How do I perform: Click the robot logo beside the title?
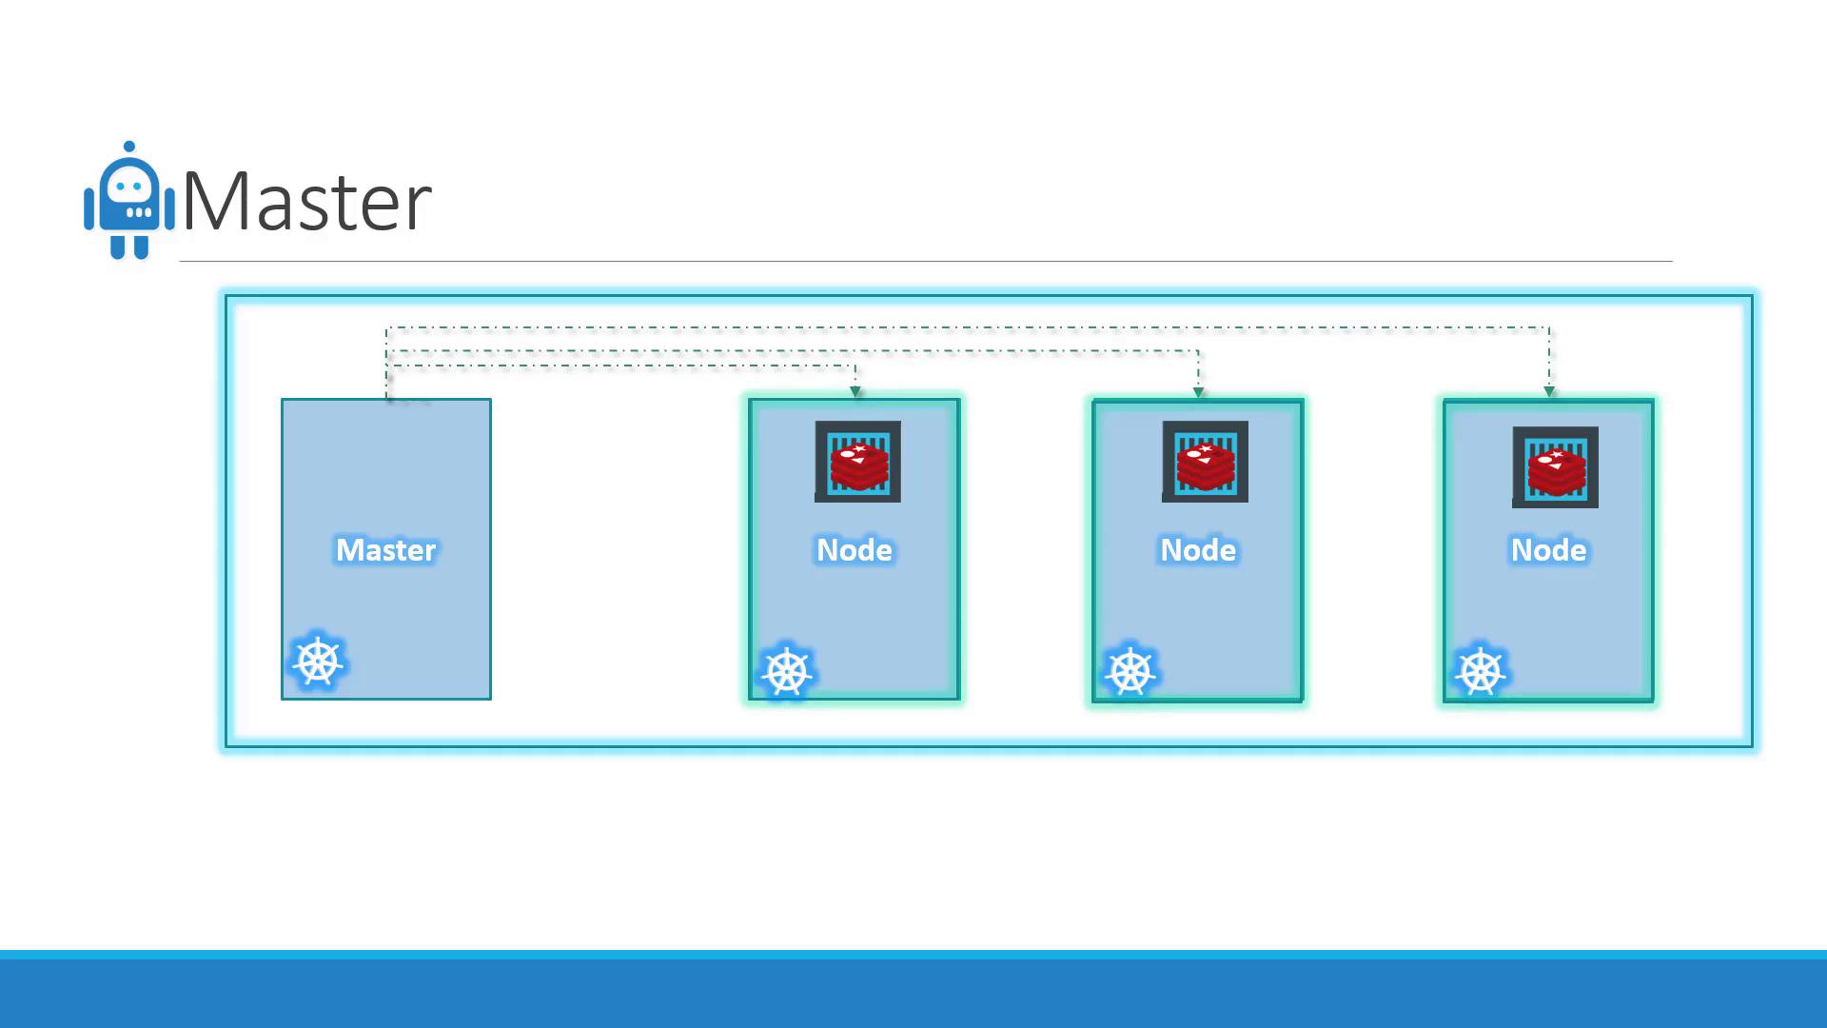point(129,202)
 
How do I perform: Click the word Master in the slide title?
point(306,202)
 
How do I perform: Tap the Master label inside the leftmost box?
point(385,550)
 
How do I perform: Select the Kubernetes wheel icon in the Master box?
point(318,662)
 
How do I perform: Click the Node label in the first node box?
point(854,550)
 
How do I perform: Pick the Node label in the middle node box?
point(1197,550)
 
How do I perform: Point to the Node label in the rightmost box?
point(1548,550)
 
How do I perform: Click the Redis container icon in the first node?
point(857,462)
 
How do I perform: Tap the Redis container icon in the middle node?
point(1205,462)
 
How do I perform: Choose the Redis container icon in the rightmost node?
point(1555,467)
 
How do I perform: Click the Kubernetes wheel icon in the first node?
point(787,672)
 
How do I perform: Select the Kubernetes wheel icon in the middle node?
point(1130,672)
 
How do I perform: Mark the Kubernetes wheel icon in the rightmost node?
point(1481,672)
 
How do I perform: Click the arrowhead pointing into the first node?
point(855,391)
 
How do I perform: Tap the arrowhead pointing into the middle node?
point(1198,391)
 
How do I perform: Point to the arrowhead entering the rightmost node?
point(1549,391)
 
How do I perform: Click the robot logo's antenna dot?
point(129,147)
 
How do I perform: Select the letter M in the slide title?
point(217,202)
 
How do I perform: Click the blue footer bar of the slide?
point(913,990)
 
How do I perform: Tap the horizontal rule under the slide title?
point(925,261)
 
